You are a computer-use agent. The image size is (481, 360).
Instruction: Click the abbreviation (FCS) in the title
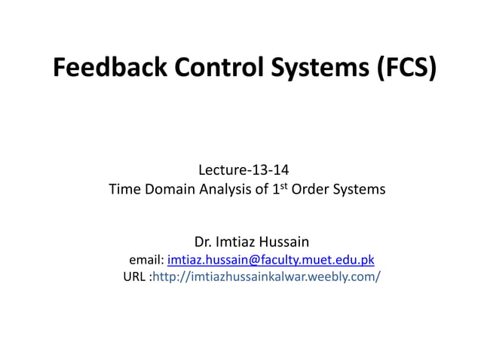tap(406, 69)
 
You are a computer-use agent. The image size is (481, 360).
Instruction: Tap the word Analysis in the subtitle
tap(225, 190)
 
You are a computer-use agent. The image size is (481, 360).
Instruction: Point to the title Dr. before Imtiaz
tap(204, 243)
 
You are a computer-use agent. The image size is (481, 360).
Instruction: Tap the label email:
tap(147, 261)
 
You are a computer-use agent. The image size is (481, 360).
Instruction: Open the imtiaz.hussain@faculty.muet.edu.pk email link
tap(271, 261)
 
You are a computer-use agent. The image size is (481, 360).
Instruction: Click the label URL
tap(134, 278)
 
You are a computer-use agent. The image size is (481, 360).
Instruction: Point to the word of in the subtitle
tap(259, 190)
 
